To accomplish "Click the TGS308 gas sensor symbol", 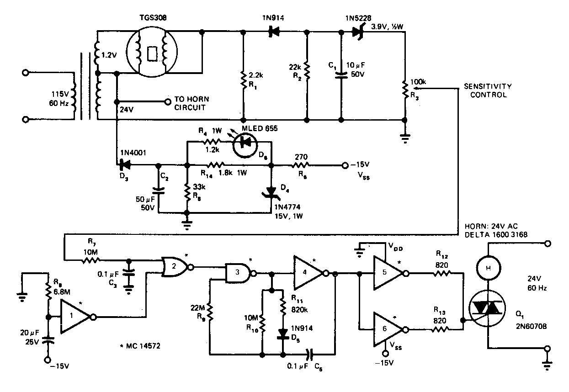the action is tap(152, 52).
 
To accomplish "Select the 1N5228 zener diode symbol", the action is tap(358, 32).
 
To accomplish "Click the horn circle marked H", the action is tap(488, 268).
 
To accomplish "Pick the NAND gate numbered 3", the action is tap(240, 273).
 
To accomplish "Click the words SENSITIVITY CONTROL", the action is tap(488, 90).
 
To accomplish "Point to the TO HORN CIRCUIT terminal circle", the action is tap(168, 102).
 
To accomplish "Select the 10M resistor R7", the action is tap(90, 260).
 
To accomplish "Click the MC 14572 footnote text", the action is tap(140, 346).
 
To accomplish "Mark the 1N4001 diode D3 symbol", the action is tap(125, 165).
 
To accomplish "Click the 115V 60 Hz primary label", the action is tap(59, 99).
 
